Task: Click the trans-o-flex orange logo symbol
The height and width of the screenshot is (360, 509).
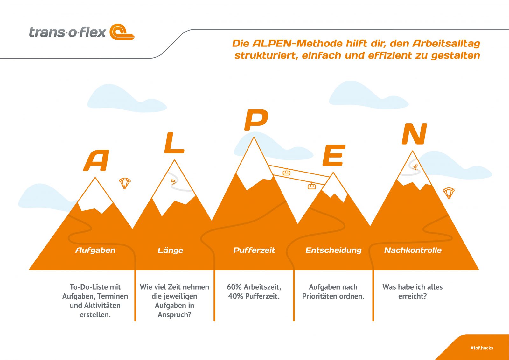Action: click(x=122, y=32)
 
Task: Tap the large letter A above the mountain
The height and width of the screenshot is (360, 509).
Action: click(x=96, y=160)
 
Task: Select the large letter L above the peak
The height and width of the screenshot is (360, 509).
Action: click(x=174, y=143)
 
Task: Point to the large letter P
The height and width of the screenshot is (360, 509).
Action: click(x=256, y=120)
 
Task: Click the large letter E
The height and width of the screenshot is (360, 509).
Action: click(x=334, y=155)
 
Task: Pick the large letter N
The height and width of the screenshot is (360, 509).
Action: click(x=414, y=134)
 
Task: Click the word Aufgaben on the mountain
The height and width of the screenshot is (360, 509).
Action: click(x=95, y=251)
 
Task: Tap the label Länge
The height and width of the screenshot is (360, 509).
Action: click(x=171, y=251)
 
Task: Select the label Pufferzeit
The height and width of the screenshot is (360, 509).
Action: click(x=254, y=250)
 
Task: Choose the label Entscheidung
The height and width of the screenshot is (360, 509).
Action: click(x=333, y=251)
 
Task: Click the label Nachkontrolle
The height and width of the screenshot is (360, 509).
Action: click(x=413, y=250)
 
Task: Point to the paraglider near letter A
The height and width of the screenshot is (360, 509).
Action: click(x=125, y=183)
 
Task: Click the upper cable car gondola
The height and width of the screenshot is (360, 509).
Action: click(x=287, y=172)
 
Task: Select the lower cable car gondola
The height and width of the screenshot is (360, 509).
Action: click(x=311, y=186)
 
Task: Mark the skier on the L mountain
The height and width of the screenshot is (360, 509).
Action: click(x=173, y=182)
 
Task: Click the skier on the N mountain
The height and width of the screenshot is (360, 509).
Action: click(x=415, y=167)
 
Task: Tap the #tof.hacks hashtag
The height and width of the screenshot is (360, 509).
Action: click(x=482, y=348)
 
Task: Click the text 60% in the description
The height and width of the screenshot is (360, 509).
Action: click(x=234, y=287)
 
